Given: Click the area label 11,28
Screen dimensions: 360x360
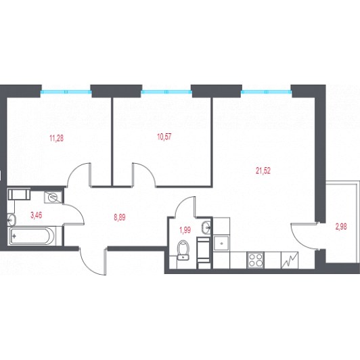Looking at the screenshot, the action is click(56, 138).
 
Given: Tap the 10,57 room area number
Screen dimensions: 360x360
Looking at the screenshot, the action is click(164, 137).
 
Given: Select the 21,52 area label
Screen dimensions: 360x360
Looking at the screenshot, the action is click(263, 171).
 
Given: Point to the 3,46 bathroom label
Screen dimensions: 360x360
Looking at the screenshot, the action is click(37, 215).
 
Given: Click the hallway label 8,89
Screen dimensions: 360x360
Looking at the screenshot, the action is click(120, 217).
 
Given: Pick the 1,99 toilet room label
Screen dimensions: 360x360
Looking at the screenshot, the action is click(185, 230).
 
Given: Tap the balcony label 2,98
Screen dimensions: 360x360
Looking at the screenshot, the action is click(341, 227).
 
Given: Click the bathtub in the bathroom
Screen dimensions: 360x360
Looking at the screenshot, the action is click(32, 235).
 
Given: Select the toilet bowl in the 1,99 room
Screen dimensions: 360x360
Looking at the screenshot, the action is click(183, 250).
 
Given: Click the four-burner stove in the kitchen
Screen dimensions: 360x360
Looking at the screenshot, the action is click(255, 260).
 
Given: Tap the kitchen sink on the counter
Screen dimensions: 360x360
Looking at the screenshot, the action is click(221, 243).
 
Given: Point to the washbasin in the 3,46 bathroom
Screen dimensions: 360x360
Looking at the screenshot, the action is click(12, 220).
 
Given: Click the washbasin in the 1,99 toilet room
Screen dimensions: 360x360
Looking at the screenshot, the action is click(206, 227).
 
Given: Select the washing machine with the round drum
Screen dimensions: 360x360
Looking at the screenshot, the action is click(53, 197).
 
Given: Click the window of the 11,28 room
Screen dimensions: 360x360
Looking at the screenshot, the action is click(66, 92).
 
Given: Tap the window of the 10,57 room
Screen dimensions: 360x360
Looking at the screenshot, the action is click(166, 92).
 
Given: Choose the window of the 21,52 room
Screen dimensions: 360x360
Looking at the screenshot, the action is click(267, 92).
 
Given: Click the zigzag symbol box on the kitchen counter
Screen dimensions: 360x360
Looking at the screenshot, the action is click(290, 260).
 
